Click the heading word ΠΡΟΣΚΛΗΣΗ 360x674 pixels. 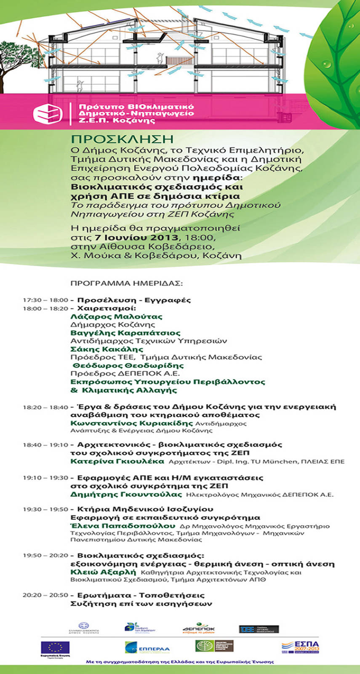(x=122, y=139)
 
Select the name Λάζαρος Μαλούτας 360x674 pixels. (x=116, y=316)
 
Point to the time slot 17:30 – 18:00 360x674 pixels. (x=45, y=300)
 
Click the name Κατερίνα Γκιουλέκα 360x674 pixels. (x=117, y=461)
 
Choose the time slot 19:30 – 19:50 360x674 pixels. (x=45, y=509)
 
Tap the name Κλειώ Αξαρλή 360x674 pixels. (x=103, y=572)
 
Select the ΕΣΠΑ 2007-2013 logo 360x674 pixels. (x=300, y=647)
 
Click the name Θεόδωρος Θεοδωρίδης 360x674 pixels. (x=128, y=365)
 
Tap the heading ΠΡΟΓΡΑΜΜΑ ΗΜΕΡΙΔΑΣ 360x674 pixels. (x=126, y=283)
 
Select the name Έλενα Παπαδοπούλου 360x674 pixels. (x=123, y=526)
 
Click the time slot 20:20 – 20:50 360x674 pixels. (x=45, y=595)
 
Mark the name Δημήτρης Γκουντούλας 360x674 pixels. (x=126, y=494)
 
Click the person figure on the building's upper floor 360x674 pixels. (x=160, y=57)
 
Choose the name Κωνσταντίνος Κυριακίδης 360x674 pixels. (x=131, y=423)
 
